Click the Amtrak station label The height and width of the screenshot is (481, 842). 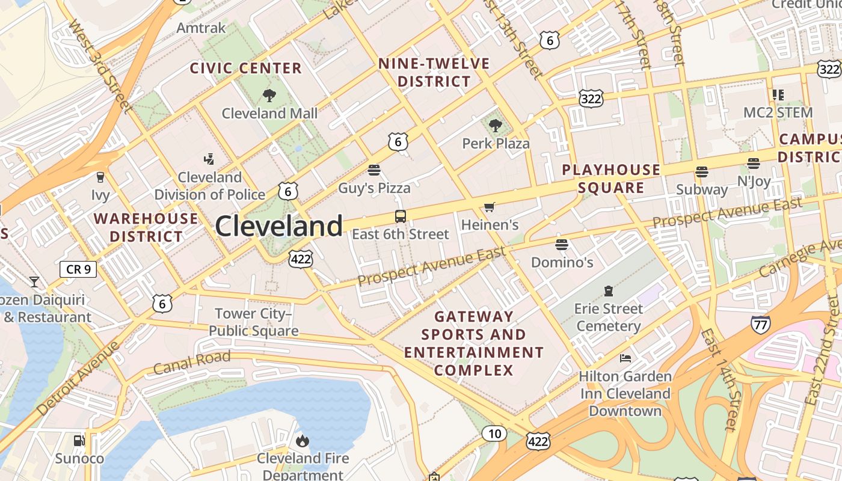[x=201, y=28]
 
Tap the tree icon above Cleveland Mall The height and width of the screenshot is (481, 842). [x=269, y=95]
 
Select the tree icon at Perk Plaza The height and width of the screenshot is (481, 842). [x=496, y=126]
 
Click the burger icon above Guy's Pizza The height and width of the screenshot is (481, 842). [x=374, y=170]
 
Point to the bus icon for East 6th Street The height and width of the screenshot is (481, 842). [x=400, y=216]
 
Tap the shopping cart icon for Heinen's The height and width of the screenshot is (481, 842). [x=490, y=207]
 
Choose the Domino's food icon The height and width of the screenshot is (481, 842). [x=562, y=245]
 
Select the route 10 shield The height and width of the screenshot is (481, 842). [x=494, y=434]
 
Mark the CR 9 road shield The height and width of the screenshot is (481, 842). [x=78, y=269]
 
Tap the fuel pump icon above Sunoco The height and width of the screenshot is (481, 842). [x=79, y=441]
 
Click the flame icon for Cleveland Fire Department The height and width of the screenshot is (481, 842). [x=302, y=441]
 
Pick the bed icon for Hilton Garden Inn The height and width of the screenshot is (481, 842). [x=625, y=358]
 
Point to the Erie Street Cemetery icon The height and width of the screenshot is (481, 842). [x=609, y=291]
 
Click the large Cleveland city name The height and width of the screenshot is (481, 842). [x=278, y=227]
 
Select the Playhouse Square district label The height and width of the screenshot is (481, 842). [x=611, y=179]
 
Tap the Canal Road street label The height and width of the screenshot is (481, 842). [x=192, y=362]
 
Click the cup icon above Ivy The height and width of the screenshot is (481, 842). [x=100, y=177]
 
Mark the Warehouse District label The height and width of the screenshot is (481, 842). [x=146, y=227]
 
